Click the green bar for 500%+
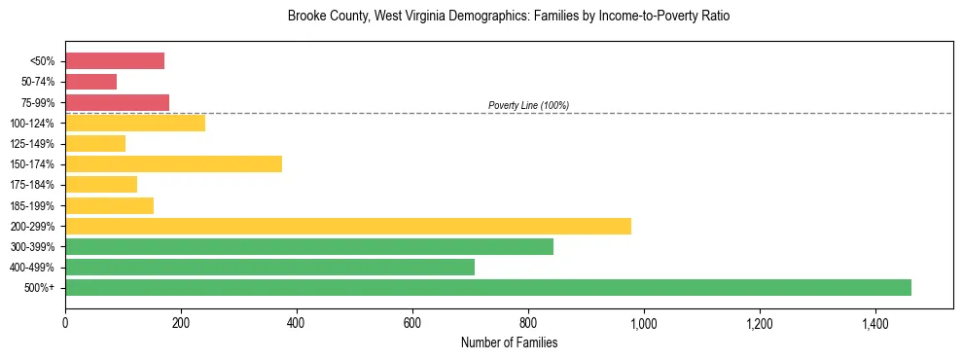click(487, 287)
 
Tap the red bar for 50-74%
click(90, 82)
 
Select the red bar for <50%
click(115, 61)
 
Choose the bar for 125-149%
click(95, 144)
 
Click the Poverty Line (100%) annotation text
click(528, 105)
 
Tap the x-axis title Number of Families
click(509, 343)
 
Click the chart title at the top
click(509, 17)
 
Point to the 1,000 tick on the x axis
click(644, 324)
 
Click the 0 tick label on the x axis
click(65, 324)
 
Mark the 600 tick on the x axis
click(412, 324)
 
